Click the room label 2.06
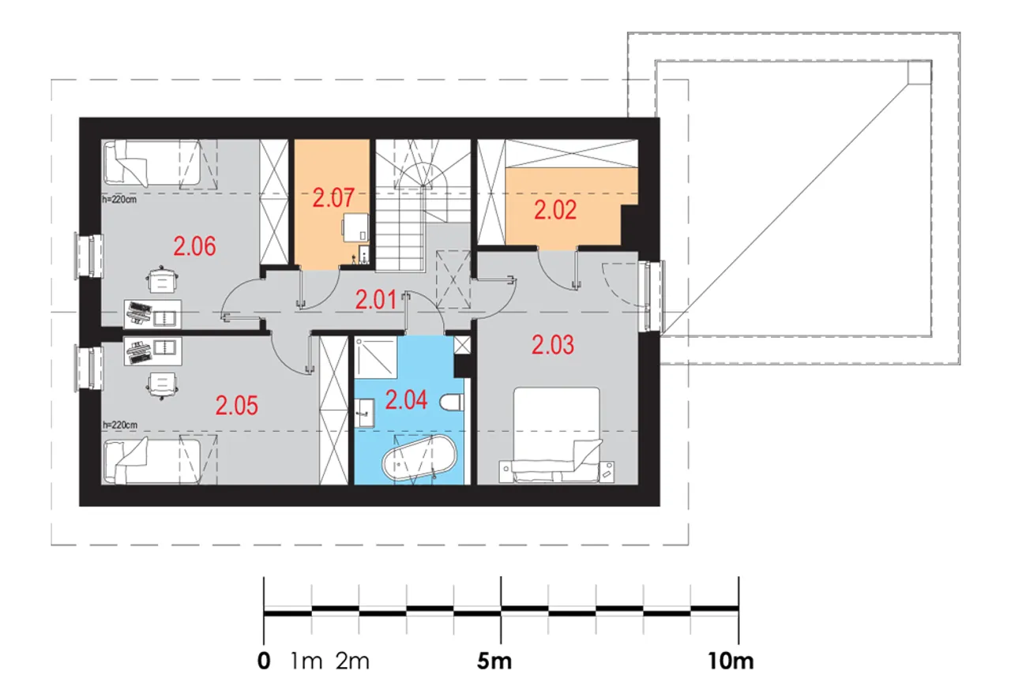click(194, 246)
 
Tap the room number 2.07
click(333, 198)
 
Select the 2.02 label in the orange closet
click(555, 210)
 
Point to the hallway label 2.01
click(376, 300)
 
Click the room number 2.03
click(552, 345)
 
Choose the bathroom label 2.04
click(406, 399)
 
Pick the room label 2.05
click(236, 406)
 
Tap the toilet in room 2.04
click(452, 403)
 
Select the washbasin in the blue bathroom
click(364, 413)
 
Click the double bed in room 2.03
click(557, 435)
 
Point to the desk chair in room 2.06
click(162, 279)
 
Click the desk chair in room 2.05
click(162, 385)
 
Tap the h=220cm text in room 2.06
click(119, 200)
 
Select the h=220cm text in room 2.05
click(120, 425)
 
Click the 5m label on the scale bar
click(494, 661)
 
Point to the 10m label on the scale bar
click(731, 661)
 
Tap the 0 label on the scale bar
click(264, 661)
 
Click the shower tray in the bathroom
click(375, 357)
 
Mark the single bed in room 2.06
click(152, 163)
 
